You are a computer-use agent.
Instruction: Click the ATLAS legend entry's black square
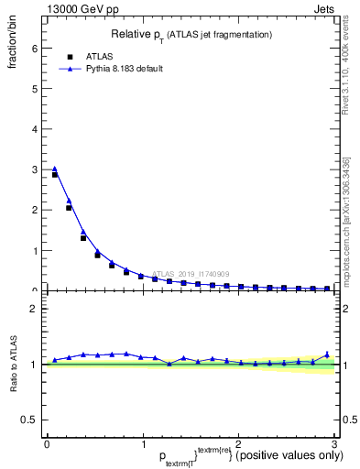[x=69, y=55]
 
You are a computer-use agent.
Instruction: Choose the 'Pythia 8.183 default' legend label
[x=125, y=69]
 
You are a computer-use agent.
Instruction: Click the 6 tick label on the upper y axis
[x=34, y=49]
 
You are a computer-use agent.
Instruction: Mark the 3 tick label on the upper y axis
[x=34, y=169]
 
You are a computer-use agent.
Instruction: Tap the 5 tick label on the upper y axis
[x=34, y=89]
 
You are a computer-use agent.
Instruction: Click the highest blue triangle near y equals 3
[x=54, y=169]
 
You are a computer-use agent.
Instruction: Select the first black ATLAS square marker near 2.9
[x=54, y=174]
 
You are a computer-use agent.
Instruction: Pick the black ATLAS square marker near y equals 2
[x=69, y=208]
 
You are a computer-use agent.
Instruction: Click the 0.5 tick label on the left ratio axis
[x=29, y=420]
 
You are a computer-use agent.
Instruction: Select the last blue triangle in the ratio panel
[x=327, y=354]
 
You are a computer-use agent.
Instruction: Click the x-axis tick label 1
[x=142, y=444]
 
